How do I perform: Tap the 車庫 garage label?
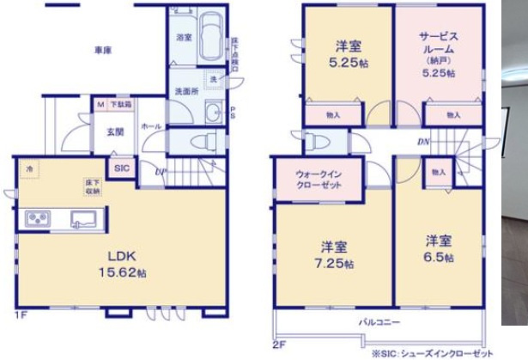tap(103, 50)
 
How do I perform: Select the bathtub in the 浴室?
tap(210, 39)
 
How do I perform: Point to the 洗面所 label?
tap(187, 91)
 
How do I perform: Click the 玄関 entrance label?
tap(115, 132)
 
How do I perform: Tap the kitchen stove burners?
tap(39, 220)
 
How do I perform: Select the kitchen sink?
tap(86, 220)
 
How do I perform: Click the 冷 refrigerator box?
tap(30, 169)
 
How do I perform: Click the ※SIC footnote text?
tap(424, 352)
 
